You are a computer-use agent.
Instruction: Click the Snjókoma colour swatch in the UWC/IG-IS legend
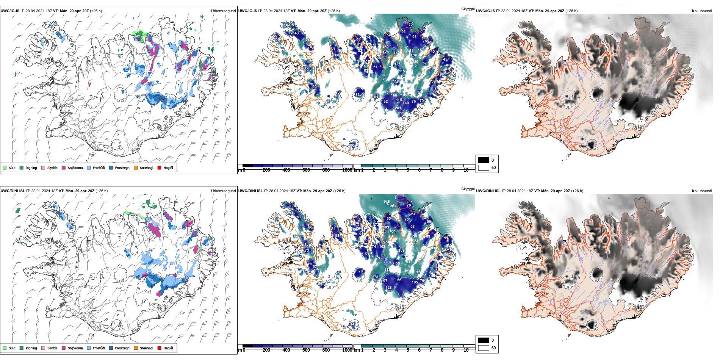64,167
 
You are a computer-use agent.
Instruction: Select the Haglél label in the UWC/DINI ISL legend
168,348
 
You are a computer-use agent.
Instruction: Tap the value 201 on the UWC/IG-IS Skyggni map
398,108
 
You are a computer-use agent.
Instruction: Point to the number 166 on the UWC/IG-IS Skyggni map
394,95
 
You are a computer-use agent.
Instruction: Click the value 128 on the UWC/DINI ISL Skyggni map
388,288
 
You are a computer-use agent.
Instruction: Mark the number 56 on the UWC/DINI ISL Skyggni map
399,280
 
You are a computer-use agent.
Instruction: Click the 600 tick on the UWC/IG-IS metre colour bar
306,170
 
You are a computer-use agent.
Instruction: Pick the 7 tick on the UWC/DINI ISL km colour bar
430,350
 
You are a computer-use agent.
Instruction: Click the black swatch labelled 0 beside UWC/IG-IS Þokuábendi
484,160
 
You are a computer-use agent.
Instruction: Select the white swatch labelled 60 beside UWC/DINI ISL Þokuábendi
484,347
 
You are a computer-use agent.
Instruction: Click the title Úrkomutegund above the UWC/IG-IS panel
223,11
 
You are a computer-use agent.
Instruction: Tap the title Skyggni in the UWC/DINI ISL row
468,189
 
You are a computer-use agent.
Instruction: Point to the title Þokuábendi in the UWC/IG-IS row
702,11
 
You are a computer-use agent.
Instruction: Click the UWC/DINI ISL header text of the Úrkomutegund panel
13,191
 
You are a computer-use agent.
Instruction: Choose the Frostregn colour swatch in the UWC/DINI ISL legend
111,348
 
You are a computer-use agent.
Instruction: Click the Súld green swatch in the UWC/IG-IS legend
5,167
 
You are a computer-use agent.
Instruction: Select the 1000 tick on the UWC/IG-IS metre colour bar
347,170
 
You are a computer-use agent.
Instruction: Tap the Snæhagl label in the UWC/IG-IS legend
146,168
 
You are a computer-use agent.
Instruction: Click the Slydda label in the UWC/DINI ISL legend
52,348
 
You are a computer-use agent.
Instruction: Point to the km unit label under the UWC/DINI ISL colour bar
357,350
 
